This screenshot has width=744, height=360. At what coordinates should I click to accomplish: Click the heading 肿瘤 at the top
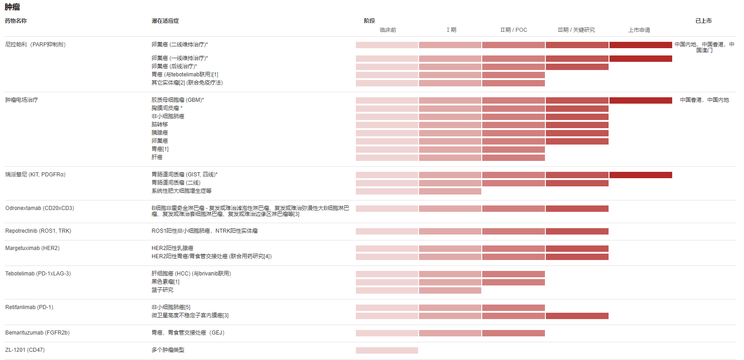[12, 7]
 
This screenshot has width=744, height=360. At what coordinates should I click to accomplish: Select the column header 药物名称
[16, 21]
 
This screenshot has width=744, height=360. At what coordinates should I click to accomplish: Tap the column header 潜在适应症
[165, 21]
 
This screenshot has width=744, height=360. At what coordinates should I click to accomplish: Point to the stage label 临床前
[388, 30]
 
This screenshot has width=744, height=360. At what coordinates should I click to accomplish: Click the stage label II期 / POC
[514, 30]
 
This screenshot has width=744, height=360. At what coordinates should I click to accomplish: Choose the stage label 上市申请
[639, 30]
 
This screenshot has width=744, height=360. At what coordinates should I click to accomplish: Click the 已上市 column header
[703, 21]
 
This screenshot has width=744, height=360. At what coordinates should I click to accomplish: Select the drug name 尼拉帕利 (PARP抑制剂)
[35, 45]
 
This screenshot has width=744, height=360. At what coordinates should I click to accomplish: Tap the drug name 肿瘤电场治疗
[21, 100]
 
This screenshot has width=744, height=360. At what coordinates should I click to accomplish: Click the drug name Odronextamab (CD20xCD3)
[40, 208]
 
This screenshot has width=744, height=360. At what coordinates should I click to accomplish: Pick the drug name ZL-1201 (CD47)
[25, 350]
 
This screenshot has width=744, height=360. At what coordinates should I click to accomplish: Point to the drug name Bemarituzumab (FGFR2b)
[37, 333]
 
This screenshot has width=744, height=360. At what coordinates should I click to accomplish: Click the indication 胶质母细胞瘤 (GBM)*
[178, 100]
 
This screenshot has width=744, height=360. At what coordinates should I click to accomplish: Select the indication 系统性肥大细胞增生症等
[181, 191]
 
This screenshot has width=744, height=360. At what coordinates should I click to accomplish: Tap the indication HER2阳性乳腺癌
[172, 248]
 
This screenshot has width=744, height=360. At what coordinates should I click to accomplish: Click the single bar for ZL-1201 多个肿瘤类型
[387, 350]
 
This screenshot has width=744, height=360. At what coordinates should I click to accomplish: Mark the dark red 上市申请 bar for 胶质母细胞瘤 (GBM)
[640, 100]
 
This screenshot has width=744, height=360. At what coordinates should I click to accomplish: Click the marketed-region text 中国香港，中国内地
[704, 100]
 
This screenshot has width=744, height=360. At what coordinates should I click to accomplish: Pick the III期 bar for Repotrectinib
[577, 231]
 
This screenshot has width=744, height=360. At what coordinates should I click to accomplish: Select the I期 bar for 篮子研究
[450, 290]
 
